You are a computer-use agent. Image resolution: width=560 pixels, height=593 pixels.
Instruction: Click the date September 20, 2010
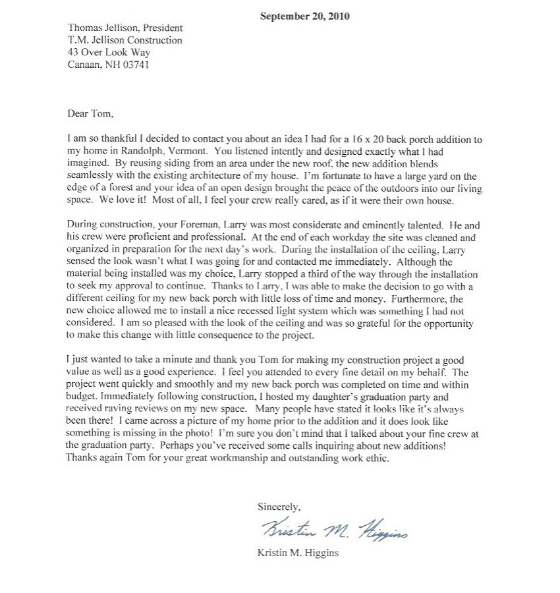pyautogui.click(x=305, y=16)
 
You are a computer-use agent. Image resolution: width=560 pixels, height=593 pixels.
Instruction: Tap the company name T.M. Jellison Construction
pyautogui.click(x=125, y=40)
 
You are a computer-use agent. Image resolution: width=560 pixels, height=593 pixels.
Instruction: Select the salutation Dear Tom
pyautogui.click(x=91, y=113)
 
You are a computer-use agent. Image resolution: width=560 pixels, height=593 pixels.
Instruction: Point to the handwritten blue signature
pyautogui.click(x=334, y=529)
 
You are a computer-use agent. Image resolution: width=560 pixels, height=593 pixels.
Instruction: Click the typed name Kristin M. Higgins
pyautogui.click(x=298, y=553)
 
